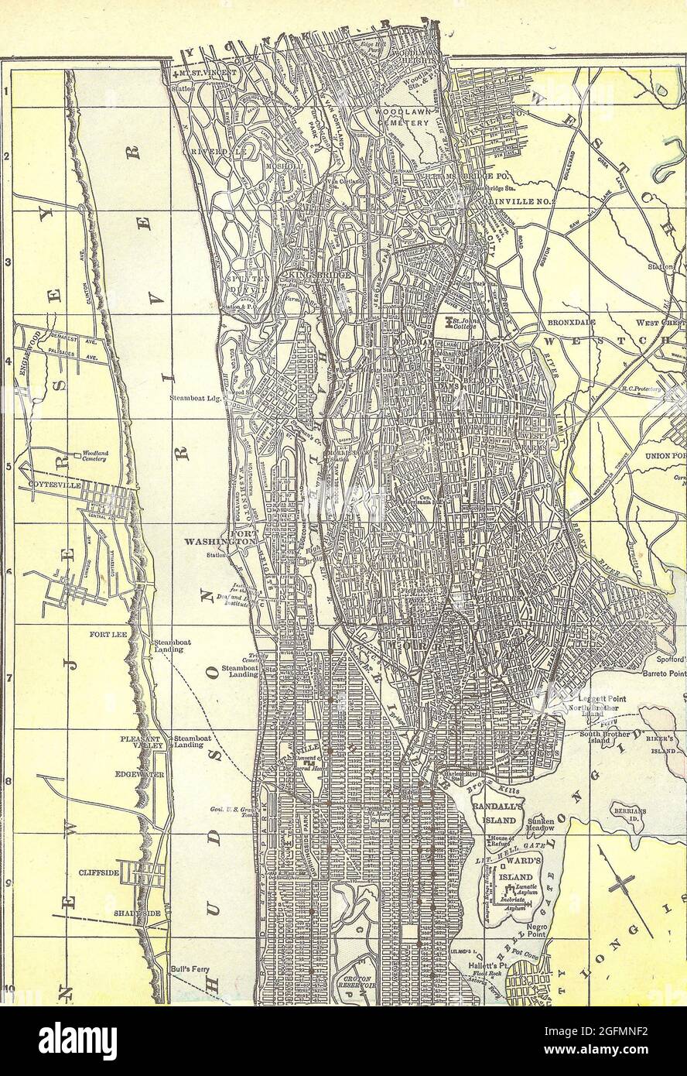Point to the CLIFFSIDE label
(99, 872)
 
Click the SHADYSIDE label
(138, 913)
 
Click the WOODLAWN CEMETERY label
(402, 117)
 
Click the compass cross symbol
(622, 882)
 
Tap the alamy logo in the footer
(77, 1041)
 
